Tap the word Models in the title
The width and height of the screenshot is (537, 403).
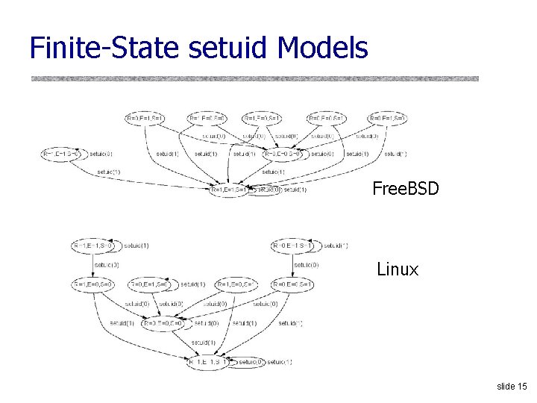[x=321, y=48]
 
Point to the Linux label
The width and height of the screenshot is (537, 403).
[x=398, y=269]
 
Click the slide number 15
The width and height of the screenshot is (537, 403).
[x=512, y=387]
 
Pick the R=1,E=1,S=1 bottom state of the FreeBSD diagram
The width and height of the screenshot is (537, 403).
[x=233, y=190]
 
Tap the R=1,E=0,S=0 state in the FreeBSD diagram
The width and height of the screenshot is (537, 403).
[x=207, y=118]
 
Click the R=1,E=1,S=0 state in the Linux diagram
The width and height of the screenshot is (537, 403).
[x=94, y=246]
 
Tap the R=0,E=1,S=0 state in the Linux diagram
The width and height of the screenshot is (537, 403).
[x=151, y=284]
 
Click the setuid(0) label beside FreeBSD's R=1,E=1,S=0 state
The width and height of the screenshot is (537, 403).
[x=101, y=154]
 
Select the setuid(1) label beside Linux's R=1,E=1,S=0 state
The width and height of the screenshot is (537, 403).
[x=136, y=246]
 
